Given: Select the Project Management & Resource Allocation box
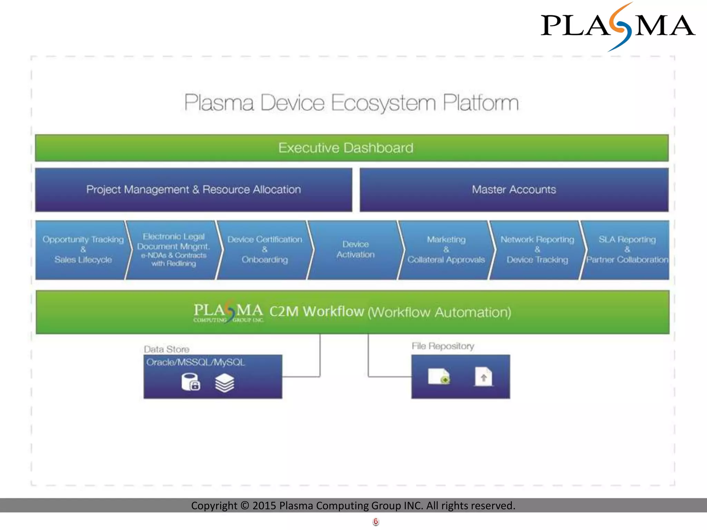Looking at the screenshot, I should click(x=193, y=190).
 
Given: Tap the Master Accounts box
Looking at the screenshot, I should click(x=514, y=190).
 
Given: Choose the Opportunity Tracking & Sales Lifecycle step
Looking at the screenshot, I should click(x=83, y=250).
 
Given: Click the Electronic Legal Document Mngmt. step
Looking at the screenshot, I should click(x=173, y=250).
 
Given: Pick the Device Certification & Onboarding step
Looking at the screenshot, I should click(x=264, y=250).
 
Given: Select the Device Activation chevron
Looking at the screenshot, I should click(x=355, y=250).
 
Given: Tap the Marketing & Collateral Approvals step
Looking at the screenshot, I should click(x=446, y=250).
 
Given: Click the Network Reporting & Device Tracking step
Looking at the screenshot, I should click(x=537, y=250).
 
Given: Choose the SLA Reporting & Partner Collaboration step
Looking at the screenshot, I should click(x=627, y=250).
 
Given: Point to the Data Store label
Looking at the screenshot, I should click(x=166, y=349).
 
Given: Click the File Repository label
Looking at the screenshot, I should click(x=443, y=346).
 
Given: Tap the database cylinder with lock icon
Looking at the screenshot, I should click(x=191, y=382).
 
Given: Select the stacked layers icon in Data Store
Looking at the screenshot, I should click(x=224, y=383).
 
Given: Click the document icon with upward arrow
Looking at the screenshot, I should click(x=483, y=377).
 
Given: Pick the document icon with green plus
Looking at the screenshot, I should click(x=439, y=376).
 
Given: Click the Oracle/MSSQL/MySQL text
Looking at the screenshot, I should click(x=195, y=362).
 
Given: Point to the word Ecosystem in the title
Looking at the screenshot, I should click(x=384, y=103).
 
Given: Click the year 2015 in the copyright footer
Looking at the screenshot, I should click(x=264, y=506).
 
